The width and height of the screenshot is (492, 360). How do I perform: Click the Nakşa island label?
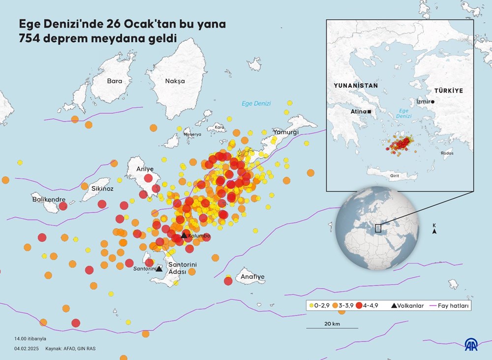175,81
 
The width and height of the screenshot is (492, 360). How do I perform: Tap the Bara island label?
114,80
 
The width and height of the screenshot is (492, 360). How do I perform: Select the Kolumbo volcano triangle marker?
184,235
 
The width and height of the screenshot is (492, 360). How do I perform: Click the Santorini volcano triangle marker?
159,269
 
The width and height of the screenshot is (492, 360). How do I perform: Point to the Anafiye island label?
252,277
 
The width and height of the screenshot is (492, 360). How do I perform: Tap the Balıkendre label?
49,199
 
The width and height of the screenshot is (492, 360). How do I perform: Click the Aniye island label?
145,169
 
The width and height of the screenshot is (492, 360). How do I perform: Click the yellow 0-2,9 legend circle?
311,306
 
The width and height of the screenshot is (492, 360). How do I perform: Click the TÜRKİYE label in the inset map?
448,91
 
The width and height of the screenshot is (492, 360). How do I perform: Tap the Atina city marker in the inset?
369,112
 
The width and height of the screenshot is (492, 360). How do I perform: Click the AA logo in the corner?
473,345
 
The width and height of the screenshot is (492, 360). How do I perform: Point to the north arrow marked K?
434,229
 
